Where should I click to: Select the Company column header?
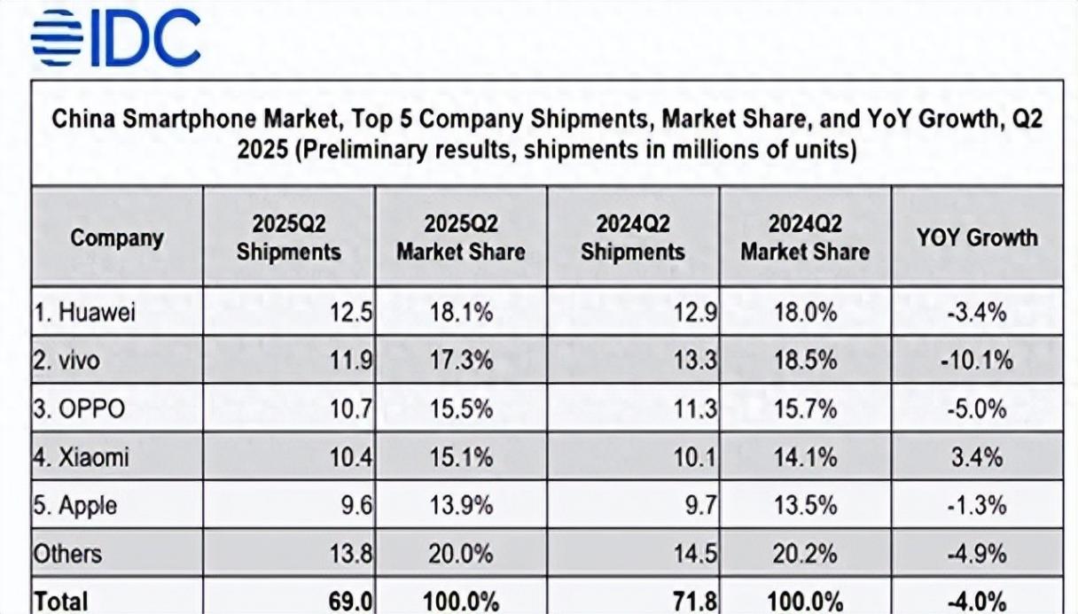pyautogui.click(x=117, y=237)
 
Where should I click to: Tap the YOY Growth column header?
pyautogui.click(x=977, y=237)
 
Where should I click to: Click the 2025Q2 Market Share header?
pyautogui.click(x=460, y=237)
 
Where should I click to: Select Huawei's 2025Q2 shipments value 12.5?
pyautogui.click(x=352, y=313)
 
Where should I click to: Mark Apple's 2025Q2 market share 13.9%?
pyautogui.click(x=458, y=506)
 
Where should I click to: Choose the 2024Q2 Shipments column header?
pyautogui.click(x=633, y=237)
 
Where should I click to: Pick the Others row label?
pyautogui.click(x=67, y=554)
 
